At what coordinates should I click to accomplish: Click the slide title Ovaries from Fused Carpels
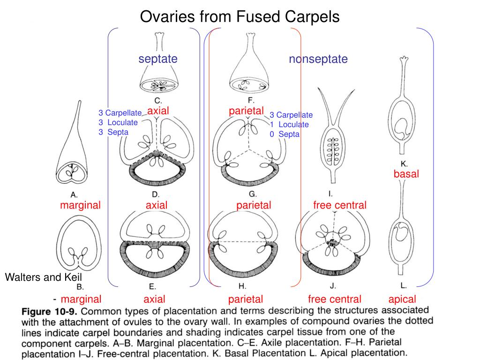click(x=240, y=17)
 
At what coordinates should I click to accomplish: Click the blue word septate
click(x=158, y=59)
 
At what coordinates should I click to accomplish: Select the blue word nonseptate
click(x=318, y=59)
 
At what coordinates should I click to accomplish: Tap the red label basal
click(x=406, y=174)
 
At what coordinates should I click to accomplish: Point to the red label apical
click(x=402, y=299)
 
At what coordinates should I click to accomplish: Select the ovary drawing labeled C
click(x=158, y=66)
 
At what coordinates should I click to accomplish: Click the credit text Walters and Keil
click(x=43, y=277)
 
